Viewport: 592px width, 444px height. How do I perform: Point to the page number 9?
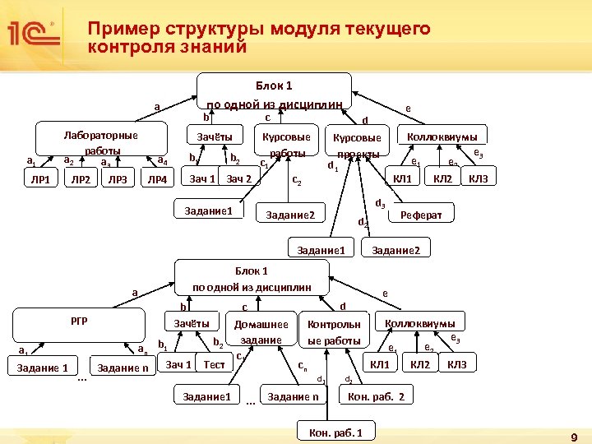tap(574, 436)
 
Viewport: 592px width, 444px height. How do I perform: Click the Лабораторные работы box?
tap(100, 141)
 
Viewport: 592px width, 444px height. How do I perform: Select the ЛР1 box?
tap(40, 180)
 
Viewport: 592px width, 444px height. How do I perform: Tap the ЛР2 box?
tap(81, 180)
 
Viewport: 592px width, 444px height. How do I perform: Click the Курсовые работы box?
tap(286, 144)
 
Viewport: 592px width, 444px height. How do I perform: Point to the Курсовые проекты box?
tap(355, 146)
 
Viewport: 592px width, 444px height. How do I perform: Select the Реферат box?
tap(421, 215)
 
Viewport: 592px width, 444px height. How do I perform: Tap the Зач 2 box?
tap(239, 179)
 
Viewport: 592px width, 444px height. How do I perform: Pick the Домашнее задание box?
tap(261, 332)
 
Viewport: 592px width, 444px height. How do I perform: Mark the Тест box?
tap(215, 364)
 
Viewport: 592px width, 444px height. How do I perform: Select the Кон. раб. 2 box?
tap(377, 397)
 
